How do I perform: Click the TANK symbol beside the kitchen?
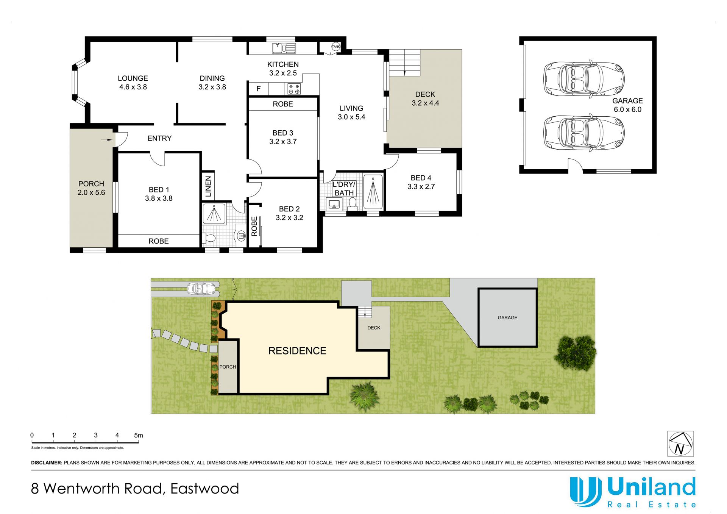pos(335,47)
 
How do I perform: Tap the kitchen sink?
pos(284,48)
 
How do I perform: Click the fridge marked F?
pos(258,89)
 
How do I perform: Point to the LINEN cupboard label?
pos(208,186)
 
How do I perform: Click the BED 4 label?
pos(421,178)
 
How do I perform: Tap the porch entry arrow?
pos(107,140)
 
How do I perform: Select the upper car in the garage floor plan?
pos(584,79)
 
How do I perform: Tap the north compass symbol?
pos(680,444)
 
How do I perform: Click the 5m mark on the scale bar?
pos(139,435)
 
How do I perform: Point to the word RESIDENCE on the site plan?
pos(297,351)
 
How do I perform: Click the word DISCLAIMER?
pos(47,462)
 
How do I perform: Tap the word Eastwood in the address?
pos(204,489)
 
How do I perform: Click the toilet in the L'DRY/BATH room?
pos(353,204)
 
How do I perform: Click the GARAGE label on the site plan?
pos(507,317)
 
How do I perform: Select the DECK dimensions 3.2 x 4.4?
pos(425,103)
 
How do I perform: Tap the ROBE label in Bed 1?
pos(158,241)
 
